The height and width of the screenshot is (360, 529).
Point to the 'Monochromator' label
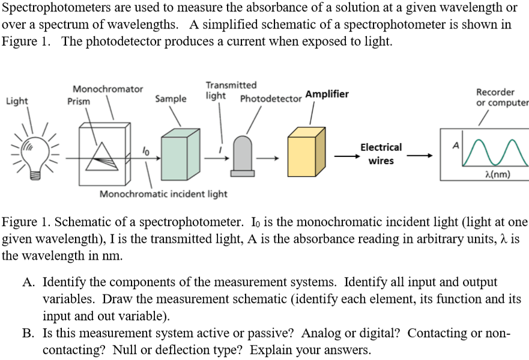[108, 89]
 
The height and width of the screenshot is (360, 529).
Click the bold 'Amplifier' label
[327, 94]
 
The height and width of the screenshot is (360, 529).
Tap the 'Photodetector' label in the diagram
[270, 99]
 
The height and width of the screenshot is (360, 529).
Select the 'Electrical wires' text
[381, 154]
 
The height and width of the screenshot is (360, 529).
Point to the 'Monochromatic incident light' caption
[163, 194]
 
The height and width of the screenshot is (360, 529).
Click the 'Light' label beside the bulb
[17, 101]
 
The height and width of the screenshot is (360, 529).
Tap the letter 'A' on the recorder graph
[455, 145]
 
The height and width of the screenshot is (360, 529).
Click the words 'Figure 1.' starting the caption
[23, 222]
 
